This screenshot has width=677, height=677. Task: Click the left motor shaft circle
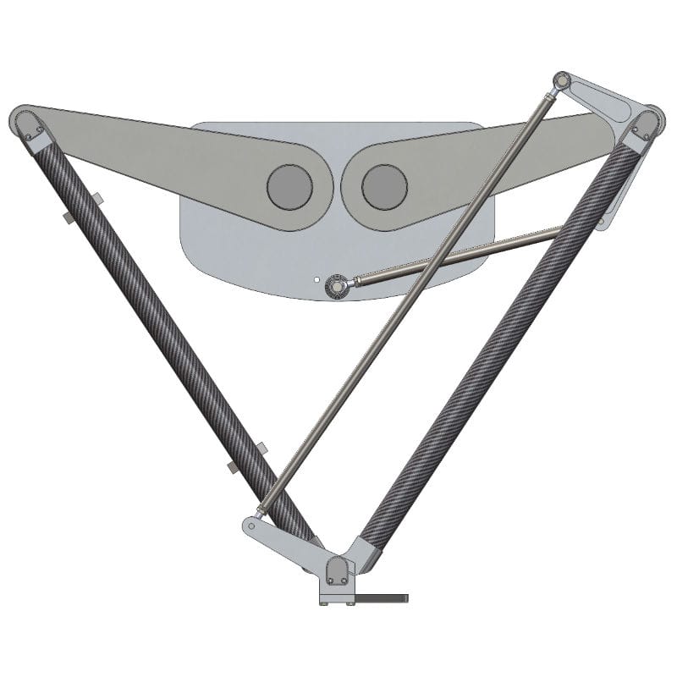[289, 186]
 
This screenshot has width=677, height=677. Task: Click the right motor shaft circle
[385, 186]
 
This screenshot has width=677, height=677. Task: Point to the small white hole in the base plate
[315, 276]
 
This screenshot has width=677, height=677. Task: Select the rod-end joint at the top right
[560, 82]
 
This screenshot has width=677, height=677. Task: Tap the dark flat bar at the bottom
[381, 598]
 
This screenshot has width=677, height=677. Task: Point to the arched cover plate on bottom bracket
[337, 570]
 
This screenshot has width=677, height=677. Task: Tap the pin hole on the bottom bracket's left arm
[254, 526]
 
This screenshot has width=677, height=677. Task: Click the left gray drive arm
[169, 161]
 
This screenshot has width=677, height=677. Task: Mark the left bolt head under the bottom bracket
[327, 602]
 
